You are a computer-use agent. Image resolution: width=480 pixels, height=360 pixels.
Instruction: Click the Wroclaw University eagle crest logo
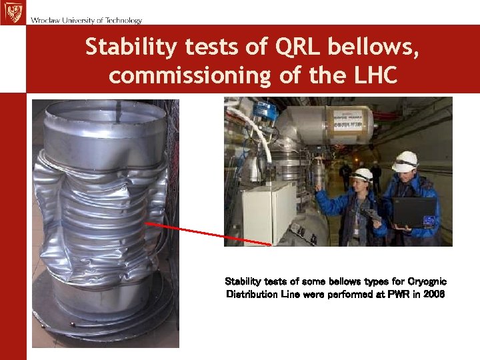tap(12, 13)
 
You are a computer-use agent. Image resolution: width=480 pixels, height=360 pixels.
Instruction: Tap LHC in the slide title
tap(373, 75)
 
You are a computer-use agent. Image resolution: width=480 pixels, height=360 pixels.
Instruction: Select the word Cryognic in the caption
tap(424, 282)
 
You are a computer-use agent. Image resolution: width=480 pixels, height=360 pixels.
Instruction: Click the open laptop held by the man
tap(414, 212)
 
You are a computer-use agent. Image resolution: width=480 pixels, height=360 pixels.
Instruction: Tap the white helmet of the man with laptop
tap(405, 161)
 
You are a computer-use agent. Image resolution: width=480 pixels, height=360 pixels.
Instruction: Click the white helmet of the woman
tap(362, 175)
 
